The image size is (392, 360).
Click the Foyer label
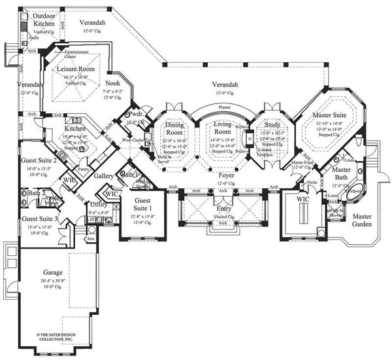tap(225, 176)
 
